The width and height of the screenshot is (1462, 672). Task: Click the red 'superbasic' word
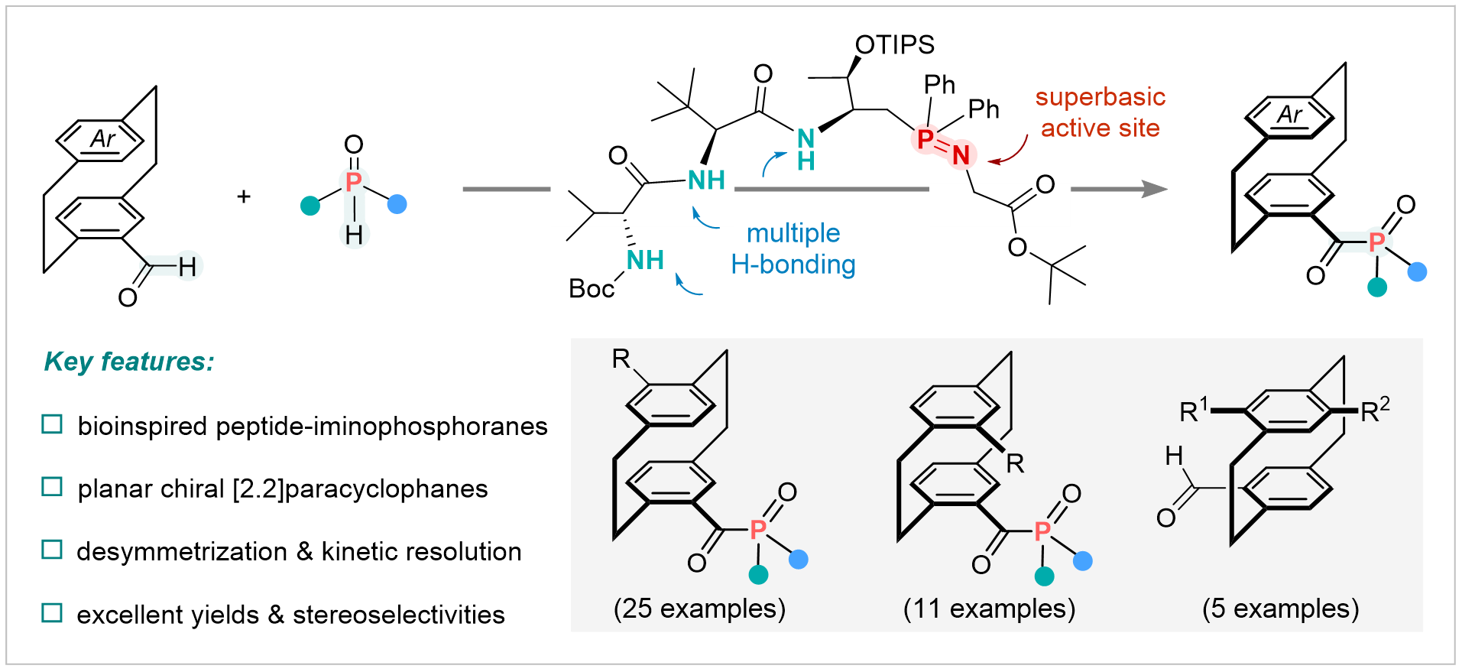pyautogui.click(x=1100, y=97)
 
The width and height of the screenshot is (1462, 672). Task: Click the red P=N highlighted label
pyautogui.click(x=943, y=146)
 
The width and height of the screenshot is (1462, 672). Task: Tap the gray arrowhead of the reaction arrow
pyautogui.click(x=1154, y=189)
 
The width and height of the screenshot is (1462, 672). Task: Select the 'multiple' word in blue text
pyautogui.click(x=793, y=233)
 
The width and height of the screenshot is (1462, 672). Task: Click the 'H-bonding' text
pyautogui.click(x=793, y=265)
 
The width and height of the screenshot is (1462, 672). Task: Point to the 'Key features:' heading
pyautogui.click(x=128, y=361)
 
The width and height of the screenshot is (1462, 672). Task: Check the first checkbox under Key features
pyautogui.click(x=52, y=424)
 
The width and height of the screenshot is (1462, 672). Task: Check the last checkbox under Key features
pyautogui.click(x=52, y=612)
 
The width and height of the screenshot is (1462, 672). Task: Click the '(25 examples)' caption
pyautogui.click(x=699, y=609)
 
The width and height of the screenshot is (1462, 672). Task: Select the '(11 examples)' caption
pyautogui.click(x=989, y=609)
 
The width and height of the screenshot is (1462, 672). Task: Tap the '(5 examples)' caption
pyautogui.click(x=1280, y=609)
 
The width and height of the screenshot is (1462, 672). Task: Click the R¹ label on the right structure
pyautogui.click(x=1193, y=411)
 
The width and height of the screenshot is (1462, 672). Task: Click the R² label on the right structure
pyautogui.click(x=1375, y=411)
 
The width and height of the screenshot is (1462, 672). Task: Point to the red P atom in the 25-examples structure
pyautogui.click(x=758, y=529)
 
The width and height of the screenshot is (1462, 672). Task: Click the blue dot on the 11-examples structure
pyautogui.click(x=1082, y=561)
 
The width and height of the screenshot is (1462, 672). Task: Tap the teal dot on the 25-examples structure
pyautogui.click(x=758, y=574)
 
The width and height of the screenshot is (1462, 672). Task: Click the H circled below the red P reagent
pyautogui.click(x=354, y=235)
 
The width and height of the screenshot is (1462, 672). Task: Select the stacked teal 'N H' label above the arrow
pyautogui.click(x=806, y=150)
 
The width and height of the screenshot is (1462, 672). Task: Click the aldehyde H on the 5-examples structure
pyautogui.click(x=1174, y=456)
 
